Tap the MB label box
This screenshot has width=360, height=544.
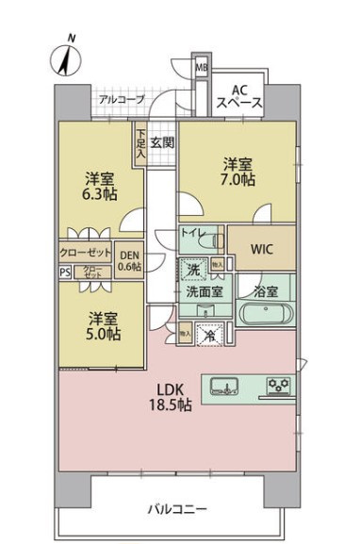202,67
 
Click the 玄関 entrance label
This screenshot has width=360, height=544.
162,143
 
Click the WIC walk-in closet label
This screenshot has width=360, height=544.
262,249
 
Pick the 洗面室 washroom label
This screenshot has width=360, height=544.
204,293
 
